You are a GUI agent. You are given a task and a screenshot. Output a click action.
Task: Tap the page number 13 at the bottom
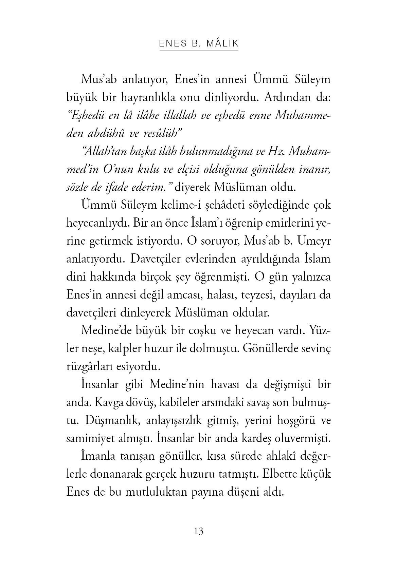[x=199, y=531]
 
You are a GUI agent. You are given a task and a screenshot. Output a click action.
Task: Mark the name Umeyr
[x=314, y=241]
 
